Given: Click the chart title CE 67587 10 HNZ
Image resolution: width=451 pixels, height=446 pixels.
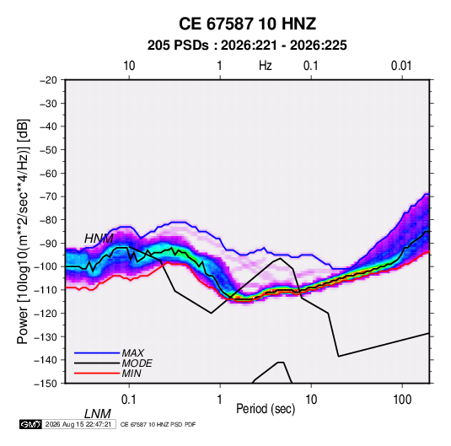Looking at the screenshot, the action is pos(247,24).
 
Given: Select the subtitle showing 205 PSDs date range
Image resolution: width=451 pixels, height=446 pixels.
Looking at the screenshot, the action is pos(247,46).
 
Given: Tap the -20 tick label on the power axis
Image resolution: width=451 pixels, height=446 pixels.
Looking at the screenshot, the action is pos(48,80).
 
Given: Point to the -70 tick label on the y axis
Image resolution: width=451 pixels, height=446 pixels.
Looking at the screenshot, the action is pos(48,196).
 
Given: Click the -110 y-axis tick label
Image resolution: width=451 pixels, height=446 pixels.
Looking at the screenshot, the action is pos(46,290).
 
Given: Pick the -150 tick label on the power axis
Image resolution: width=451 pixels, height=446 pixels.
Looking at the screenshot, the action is pos(46,384).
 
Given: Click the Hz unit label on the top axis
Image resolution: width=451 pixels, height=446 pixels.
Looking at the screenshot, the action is pos(266,66).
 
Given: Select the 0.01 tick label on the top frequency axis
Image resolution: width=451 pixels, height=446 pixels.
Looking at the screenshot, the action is pos(401,66).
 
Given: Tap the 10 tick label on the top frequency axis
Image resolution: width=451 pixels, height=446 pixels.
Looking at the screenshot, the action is pos(129,66).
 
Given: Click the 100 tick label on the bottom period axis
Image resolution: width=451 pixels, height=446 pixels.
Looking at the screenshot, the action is pos(402,400).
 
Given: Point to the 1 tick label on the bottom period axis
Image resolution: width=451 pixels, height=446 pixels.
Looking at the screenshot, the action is pos(220,400).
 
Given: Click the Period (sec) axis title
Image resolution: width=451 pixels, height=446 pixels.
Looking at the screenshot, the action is pos(266,409).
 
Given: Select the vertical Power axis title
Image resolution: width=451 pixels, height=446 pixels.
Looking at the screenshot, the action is pos(23,232).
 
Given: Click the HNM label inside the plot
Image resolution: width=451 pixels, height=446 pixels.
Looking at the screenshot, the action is pos(99,239).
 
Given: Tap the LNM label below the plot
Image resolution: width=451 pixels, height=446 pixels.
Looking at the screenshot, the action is pos(97,414).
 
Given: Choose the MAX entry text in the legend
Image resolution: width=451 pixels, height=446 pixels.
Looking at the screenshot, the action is pos(132,353).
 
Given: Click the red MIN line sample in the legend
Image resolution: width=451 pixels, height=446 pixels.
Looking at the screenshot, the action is pos(97,373).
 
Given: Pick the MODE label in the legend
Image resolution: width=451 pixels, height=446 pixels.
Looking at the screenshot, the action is pos(137,363).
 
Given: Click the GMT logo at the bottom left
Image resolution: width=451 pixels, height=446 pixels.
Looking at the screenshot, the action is pos(31,424).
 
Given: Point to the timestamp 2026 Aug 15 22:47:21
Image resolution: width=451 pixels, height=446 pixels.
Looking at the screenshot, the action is pos(78,424).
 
